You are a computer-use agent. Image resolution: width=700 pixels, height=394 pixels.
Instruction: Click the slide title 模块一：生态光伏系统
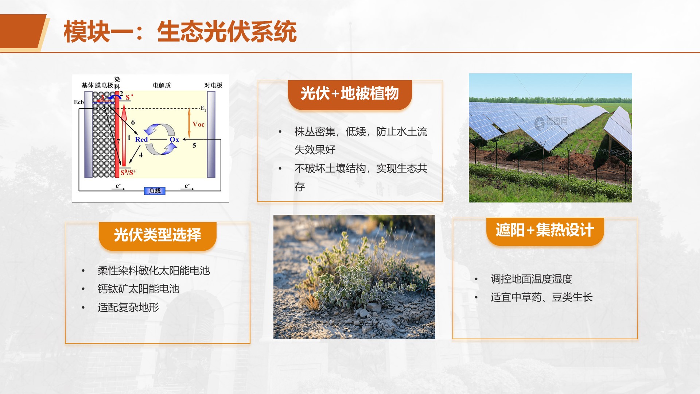(180, 32)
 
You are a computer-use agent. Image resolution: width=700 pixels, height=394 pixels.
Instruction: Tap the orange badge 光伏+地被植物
(350, 94)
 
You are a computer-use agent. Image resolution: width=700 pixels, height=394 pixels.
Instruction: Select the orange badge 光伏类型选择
(157, 235)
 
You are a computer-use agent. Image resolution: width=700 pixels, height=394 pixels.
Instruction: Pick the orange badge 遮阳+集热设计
(545, 231)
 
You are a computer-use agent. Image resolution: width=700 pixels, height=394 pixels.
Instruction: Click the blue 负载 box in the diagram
(155, 191)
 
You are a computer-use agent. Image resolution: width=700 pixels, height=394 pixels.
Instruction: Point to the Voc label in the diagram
(198, 124)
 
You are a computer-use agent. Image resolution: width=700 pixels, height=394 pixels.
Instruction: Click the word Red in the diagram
(141, 139)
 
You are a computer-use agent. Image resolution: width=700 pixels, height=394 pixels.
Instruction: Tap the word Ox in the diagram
(174, 139)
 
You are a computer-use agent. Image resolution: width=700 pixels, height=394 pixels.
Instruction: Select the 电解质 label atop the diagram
(162, 85)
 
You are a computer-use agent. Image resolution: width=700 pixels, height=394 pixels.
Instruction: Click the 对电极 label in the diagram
(213, 85)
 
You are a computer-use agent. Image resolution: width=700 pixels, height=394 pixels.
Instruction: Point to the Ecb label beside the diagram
(79, 102)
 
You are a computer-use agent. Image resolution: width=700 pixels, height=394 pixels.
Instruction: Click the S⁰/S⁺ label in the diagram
(128, 172)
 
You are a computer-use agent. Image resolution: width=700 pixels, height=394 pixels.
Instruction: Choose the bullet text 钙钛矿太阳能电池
(139, 289)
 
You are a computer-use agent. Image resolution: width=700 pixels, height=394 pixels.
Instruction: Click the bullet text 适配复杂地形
(128, 308)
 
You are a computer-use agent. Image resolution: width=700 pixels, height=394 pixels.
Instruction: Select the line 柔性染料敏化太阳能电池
(154, 271)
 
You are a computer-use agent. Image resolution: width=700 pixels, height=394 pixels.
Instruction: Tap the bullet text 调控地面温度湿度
(532, 279)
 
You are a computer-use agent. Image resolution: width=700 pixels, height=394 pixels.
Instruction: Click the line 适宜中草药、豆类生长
(542, 297)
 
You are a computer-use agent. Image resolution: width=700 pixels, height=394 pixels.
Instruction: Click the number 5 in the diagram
(194, 146)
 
